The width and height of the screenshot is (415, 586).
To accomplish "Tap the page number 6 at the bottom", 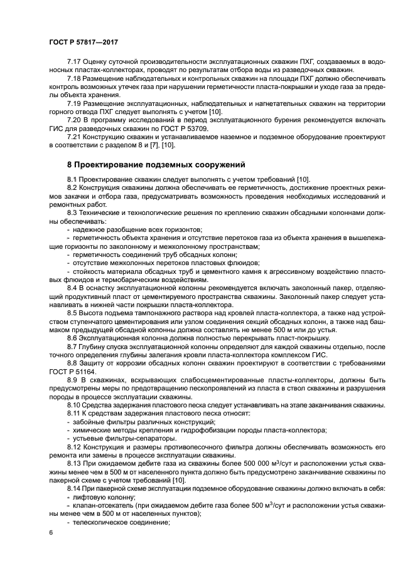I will (50, 532).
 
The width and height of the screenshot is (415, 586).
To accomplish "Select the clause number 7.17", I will (75, 63).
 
